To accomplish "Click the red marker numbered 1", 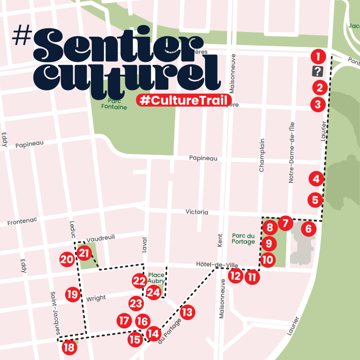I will pyautogui.click(x=317, y=57).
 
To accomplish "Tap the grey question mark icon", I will pyautogui.click(x=317, y=71).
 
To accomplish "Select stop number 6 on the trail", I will pyautogui.click(x=309, y=228).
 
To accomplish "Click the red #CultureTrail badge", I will pyautogui.click(x=184, y=100).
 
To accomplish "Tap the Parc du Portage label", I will pyautogui.click(x=244, y=238).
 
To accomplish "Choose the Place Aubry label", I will pyautogui.click(x=156, y=278).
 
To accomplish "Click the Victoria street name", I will pyautogui.click(x=197, y=212).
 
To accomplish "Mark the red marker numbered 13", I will pyautogui.click(x=187, y=312).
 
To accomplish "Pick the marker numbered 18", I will pyautogui.click(x=70, y=347).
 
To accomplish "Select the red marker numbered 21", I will pyautogui.click(x=84, y=253).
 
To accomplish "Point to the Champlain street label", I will pyautogui.click(x=262, y=155).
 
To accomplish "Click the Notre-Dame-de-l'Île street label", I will pyautogui.click(x=291, y=152).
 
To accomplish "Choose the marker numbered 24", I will pyautogui.click(x=154, y=293).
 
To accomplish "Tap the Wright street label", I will pyautogui.click(x=96, y=298).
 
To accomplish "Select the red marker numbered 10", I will pyautogui.click(x=268, y=260).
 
